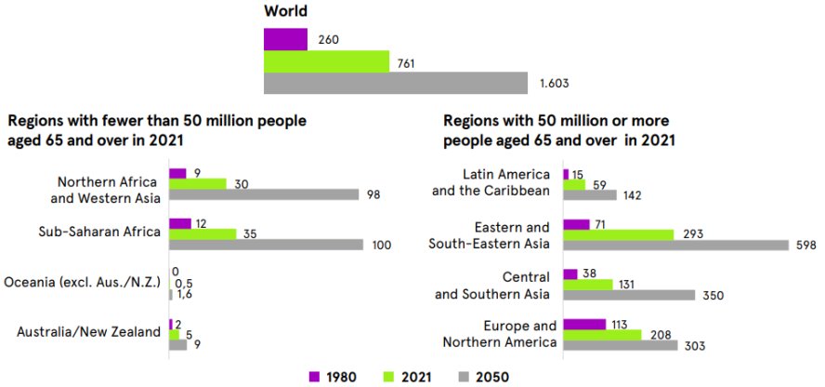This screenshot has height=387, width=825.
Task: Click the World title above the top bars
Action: [286, 11]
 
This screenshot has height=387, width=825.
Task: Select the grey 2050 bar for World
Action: [396, 83]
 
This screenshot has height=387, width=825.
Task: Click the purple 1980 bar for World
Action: [285, 39]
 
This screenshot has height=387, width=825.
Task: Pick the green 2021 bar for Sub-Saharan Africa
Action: [203, 234]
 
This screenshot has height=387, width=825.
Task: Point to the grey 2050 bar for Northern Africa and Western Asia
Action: [264, 194]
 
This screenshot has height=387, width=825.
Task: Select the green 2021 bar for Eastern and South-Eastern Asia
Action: [618, 234]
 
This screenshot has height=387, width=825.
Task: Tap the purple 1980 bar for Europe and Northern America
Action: [583, 325]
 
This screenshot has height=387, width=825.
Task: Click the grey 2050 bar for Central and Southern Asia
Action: [629, 295]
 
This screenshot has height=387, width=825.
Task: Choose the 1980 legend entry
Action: [330, 377]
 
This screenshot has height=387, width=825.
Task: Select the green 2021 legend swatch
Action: [389, 377]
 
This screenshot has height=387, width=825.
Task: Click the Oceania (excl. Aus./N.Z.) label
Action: [84, 282]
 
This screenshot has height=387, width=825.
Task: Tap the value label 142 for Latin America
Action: [632, 195]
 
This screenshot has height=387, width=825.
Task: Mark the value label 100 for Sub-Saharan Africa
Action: [382, 246]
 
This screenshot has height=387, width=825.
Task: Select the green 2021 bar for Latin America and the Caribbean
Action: [574, 185]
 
